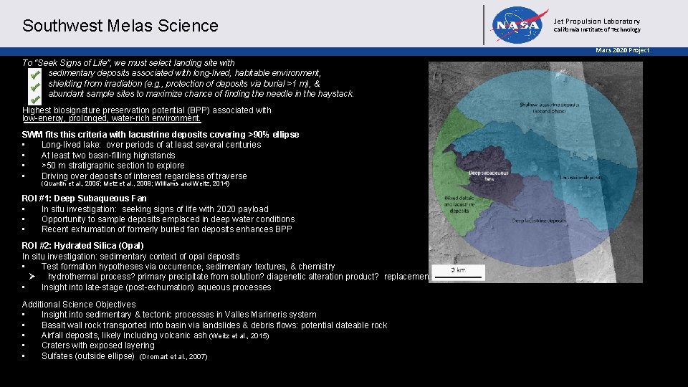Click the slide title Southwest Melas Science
[x=120, y=26]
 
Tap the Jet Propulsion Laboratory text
[x=597, y=21]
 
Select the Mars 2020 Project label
[x=623, y=50]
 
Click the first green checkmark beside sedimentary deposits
[x=33, y=73]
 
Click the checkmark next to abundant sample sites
[x=33, y=94]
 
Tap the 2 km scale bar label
[x=459, y=270]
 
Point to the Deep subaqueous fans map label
[x=489, y=176]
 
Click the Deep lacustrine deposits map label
[x=539, y=221]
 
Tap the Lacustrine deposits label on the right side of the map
[x=581, y=176]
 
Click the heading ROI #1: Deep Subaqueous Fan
[x=84, y=199]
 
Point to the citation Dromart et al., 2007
[x=173, y=356]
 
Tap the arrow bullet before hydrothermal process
[x=32, y=277]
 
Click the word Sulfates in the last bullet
[x=59, y=355]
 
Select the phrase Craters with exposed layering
[x=97, y=345]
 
